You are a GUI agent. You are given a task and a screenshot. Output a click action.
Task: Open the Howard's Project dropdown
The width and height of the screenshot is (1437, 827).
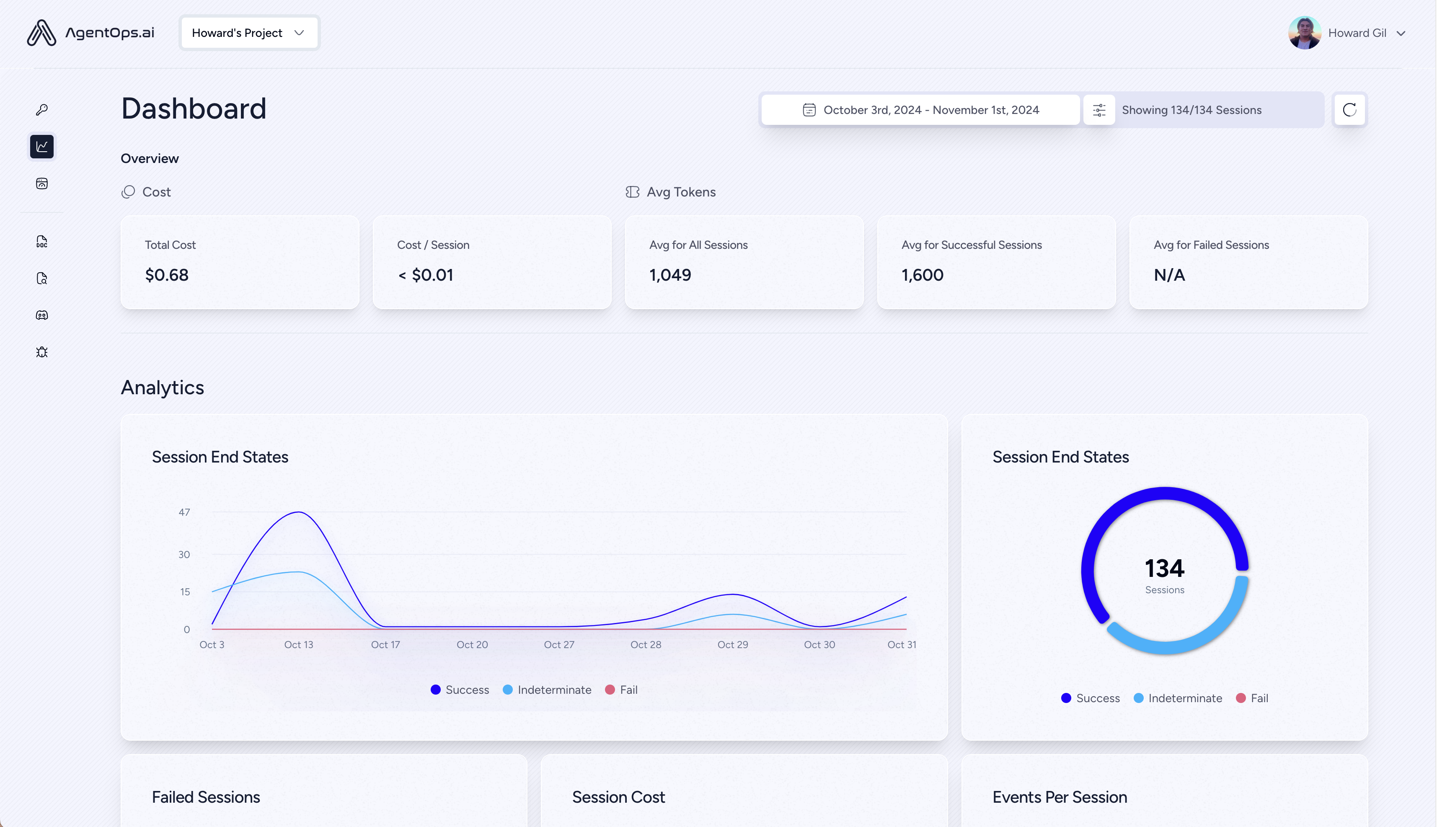249,33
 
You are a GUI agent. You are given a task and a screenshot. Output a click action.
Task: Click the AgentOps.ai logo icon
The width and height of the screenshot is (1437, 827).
41,33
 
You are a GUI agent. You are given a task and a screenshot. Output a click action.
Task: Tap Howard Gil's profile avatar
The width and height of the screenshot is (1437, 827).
1304,33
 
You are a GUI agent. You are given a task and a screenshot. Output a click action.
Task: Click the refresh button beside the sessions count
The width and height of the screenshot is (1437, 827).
1349,110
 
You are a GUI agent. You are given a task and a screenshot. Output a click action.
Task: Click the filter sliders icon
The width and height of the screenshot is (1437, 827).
1099,110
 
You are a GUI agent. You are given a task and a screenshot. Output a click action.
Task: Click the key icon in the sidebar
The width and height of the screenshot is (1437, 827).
41,110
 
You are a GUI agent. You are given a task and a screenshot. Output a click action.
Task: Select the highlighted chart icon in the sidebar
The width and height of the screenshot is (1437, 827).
41,147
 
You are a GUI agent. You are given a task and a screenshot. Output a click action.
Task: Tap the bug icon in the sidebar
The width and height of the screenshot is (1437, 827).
41,352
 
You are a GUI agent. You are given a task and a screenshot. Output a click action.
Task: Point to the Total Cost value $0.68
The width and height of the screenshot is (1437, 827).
166,275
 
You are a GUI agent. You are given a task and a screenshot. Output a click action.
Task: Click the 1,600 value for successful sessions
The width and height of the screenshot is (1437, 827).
923,275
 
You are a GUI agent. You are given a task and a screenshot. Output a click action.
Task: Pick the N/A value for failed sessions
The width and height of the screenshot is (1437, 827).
1169,275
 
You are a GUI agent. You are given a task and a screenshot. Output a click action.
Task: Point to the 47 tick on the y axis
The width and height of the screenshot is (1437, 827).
184,512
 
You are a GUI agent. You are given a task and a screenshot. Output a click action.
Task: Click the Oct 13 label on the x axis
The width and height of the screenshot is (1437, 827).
298,645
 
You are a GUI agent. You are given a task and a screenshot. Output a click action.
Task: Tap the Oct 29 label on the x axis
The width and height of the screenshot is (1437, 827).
733,645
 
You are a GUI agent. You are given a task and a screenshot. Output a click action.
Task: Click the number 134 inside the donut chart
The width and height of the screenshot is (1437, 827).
1164,568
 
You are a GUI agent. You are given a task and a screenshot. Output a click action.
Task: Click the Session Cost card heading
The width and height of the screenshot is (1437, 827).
618,797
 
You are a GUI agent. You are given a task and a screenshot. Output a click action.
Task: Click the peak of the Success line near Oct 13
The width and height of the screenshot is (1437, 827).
298,512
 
